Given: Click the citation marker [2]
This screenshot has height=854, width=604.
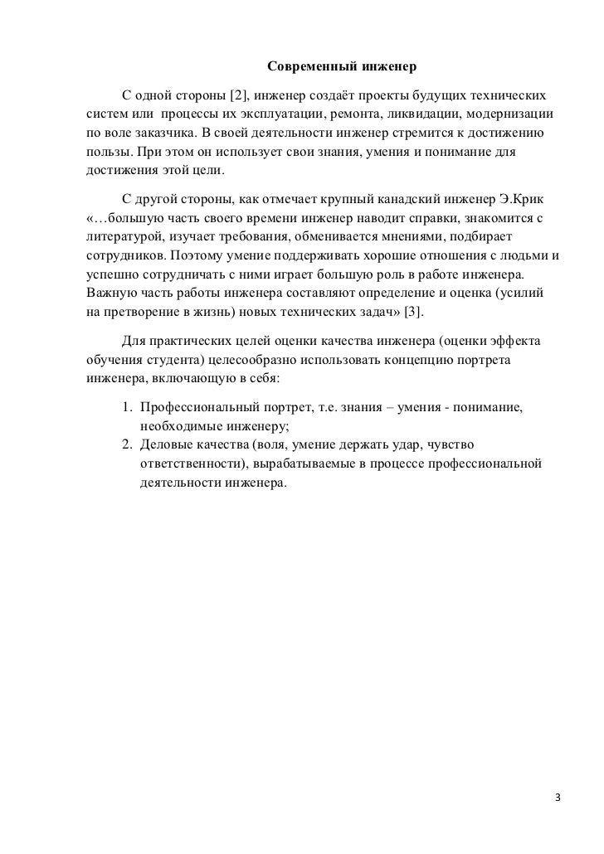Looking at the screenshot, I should click(x=238, y=90).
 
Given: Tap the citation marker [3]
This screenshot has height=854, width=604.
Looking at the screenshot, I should click(x=412, y=311).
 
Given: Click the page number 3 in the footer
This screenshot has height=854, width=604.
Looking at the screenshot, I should click(x=558, y=798).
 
